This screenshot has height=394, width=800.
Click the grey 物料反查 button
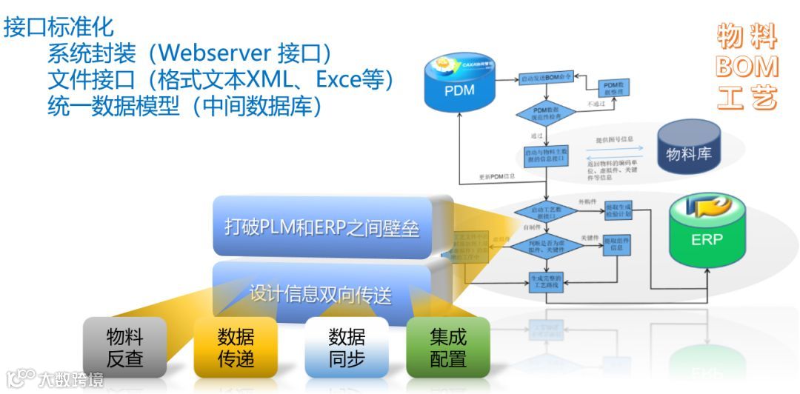point(124,349)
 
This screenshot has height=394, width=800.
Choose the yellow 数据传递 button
point(236,349)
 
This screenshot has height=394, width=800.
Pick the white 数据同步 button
point(347,349)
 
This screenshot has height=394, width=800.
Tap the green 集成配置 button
point(448,348)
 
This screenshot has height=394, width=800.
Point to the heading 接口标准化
point(59,27)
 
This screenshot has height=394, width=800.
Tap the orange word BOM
point(747,67)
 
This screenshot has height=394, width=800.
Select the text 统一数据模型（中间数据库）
point(184,105)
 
